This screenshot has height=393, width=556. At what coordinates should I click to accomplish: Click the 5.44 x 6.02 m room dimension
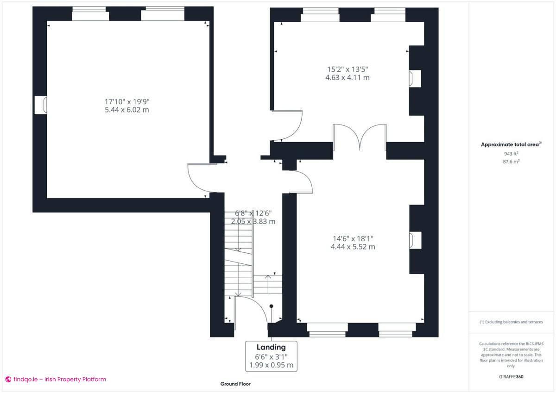pyautogui.click(x=127, y=110)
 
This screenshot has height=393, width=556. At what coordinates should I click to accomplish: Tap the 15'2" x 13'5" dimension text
pyautogui.click(x=347, y=69)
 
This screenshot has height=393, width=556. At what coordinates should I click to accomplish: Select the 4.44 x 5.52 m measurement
pyautogui.click(x=353, y=247)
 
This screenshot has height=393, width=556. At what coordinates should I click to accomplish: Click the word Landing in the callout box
pyautogui.click(x=271, y=347)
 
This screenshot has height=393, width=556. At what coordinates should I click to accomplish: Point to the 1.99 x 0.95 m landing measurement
pyautogui.click(x=271, y=365)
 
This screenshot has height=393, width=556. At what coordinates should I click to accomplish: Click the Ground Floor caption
pyautogui.click(x=235, y=384)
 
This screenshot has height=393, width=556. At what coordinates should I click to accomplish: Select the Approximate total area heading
pyautogui.click(x=511, y=144)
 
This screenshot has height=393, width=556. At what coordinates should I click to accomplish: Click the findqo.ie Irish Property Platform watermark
pyautogui.click(x=56, y=379)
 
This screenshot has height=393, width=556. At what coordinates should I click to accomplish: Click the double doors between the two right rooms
pyautogui.click(x=360, y=137)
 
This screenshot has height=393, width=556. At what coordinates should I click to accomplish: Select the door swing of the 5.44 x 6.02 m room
pyautogui.click(x=198, y=178)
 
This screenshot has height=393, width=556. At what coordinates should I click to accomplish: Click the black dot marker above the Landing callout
pyautogui.click(x=272, y=306)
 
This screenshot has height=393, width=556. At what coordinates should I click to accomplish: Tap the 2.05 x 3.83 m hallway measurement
pyautogui.click(x=253, y=221)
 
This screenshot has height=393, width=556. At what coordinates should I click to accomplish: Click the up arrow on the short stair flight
pyautogui.click(x=267, y=281)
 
